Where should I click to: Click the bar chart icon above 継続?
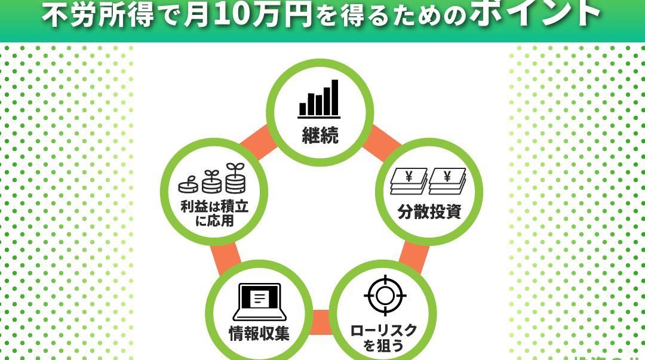319,99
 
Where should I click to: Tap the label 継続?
320,136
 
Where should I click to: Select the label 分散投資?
429,211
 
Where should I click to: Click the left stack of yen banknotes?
409,181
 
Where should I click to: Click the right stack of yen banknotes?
447,181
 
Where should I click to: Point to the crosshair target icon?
385,295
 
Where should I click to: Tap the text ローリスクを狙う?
383,338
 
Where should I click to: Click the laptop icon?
260,302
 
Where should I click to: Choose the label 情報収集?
259,333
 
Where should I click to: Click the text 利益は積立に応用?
214,214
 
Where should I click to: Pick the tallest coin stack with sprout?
235,178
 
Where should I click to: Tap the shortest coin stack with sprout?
188,184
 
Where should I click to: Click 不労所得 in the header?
98,16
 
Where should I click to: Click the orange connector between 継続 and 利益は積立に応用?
258,142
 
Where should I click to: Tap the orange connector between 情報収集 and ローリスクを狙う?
321,322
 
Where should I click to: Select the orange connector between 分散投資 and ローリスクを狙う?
414,257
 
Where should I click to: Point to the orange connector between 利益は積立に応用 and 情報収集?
226,259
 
